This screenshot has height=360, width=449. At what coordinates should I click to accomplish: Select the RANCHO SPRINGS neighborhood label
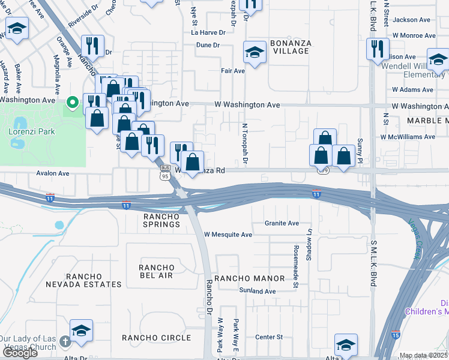[161, 220]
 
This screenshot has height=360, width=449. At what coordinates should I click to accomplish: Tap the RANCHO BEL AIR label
[156, 271]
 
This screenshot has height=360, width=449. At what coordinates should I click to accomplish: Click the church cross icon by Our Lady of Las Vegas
[65, 340]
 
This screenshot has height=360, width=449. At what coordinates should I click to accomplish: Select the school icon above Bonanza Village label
[255, 52]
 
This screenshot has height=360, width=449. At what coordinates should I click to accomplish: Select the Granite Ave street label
[282, 223]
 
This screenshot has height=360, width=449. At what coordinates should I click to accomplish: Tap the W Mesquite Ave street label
[228, 235]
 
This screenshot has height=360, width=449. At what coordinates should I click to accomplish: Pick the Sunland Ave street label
[257, 291]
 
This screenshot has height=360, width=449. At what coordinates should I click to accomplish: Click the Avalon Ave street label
[53, 173]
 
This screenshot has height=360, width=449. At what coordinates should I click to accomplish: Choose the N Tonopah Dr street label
[245, 145]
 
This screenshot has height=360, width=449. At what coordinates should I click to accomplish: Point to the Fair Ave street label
[233, 71]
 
